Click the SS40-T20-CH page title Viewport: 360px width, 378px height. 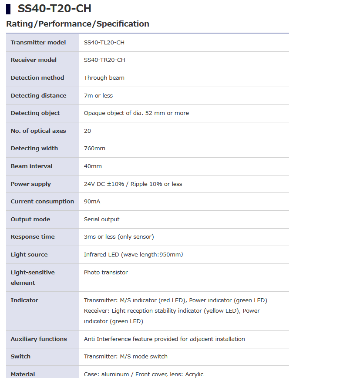[x=54, y=9]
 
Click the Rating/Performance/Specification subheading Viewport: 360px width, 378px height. [x=77, y=24]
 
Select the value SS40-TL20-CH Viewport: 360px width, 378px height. [x=104, y=42]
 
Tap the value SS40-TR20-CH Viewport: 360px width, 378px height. [x=104, y=60]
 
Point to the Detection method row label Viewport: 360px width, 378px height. [x=37, y=78]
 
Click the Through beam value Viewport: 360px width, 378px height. [x=104, y=78]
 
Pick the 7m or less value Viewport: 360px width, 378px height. [x=98, y=95]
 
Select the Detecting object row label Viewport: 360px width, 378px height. [x=35, y=113]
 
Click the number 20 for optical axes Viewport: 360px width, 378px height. [x=87, y=131]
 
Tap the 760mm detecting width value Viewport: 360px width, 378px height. [x=94, y=148]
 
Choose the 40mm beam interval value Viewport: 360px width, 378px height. [x=93, y=166]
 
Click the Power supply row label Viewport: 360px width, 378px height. [x=31, y=184]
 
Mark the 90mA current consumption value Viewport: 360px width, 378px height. [x=92, y=201]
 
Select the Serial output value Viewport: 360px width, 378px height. [x=101, y=219]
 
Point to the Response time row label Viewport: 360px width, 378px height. [x=33, y=236]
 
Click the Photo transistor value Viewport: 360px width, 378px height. [x=106, y=272]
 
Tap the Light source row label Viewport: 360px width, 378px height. [x=29, y=254]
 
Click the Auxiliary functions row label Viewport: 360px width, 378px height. [x=39, y=339]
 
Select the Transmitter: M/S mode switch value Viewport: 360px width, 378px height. [x=126, y=356]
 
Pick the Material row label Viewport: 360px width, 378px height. [x=23, y=374]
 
